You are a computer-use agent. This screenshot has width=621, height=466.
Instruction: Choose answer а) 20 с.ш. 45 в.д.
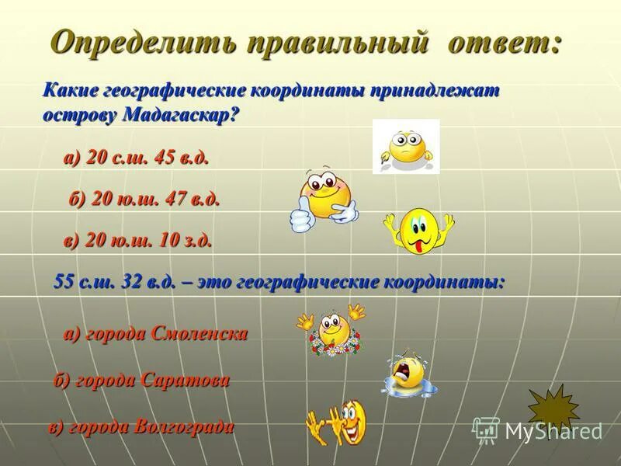click(136, 158)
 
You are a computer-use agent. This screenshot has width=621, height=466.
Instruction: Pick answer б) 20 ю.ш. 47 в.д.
click(144, 199)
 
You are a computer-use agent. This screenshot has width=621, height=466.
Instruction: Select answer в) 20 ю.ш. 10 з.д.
click(137, 241)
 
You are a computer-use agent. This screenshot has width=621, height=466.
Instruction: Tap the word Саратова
click(186, 380)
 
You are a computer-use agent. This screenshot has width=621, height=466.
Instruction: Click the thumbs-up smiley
click(325, 198)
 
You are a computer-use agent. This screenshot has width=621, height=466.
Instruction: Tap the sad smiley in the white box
click(406, 146)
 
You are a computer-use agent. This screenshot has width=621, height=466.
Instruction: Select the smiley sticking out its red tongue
click(418, 229)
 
